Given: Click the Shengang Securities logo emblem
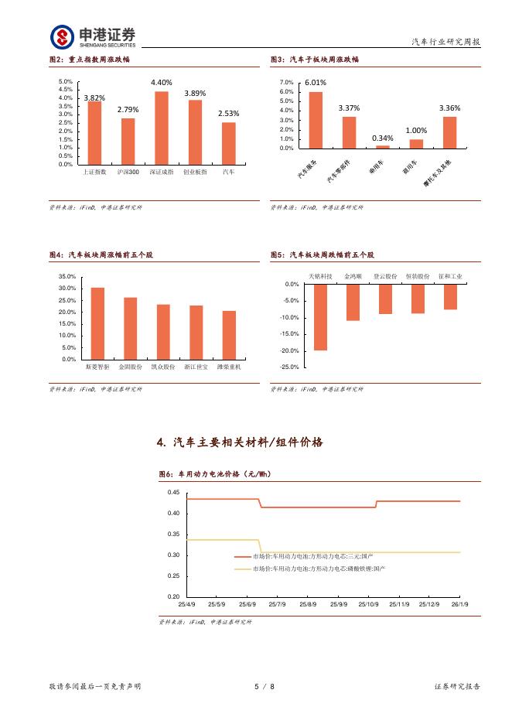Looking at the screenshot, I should click(63, 36).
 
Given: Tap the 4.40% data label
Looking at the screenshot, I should click(161, 83).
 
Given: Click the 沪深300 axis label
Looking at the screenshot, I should click(128, 172).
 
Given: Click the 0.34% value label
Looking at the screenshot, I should click(382, 138).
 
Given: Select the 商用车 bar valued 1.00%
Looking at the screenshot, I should click(416, 143).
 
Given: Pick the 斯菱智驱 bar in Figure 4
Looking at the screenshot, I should click(97, 323).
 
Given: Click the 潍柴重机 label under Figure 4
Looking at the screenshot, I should click(229, 367).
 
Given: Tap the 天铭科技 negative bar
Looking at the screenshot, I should click(320, 317).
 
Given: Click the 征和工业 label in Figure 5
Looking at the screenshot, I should click(450, 275).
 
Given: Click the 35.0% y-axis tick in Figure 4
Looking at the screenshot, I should click(67, 276).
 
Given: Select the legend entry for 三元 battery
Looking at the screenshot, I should click(305, 556).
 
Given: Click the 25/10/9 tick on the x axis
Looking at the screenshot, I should click(368, 604).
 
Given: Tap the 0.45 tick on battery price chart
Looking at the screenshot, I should click(173, 493).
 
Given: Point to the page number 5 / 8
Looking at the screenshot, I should click(265, 686).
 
